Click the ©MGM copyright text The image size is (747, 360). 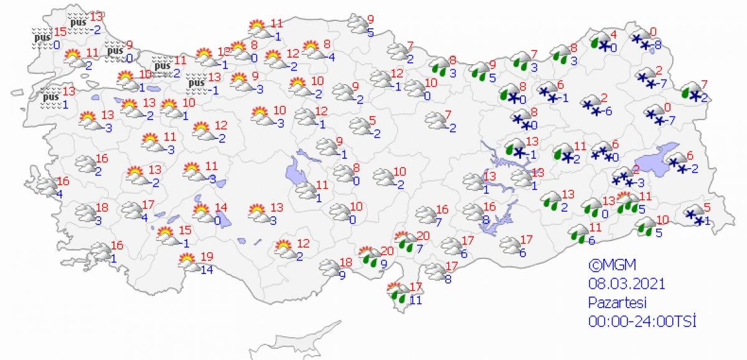coord(610,264)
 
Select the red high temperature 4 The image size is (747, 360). coord(614,34)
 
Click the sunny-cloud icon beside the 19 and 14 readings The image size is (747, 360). coord(187,262)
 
